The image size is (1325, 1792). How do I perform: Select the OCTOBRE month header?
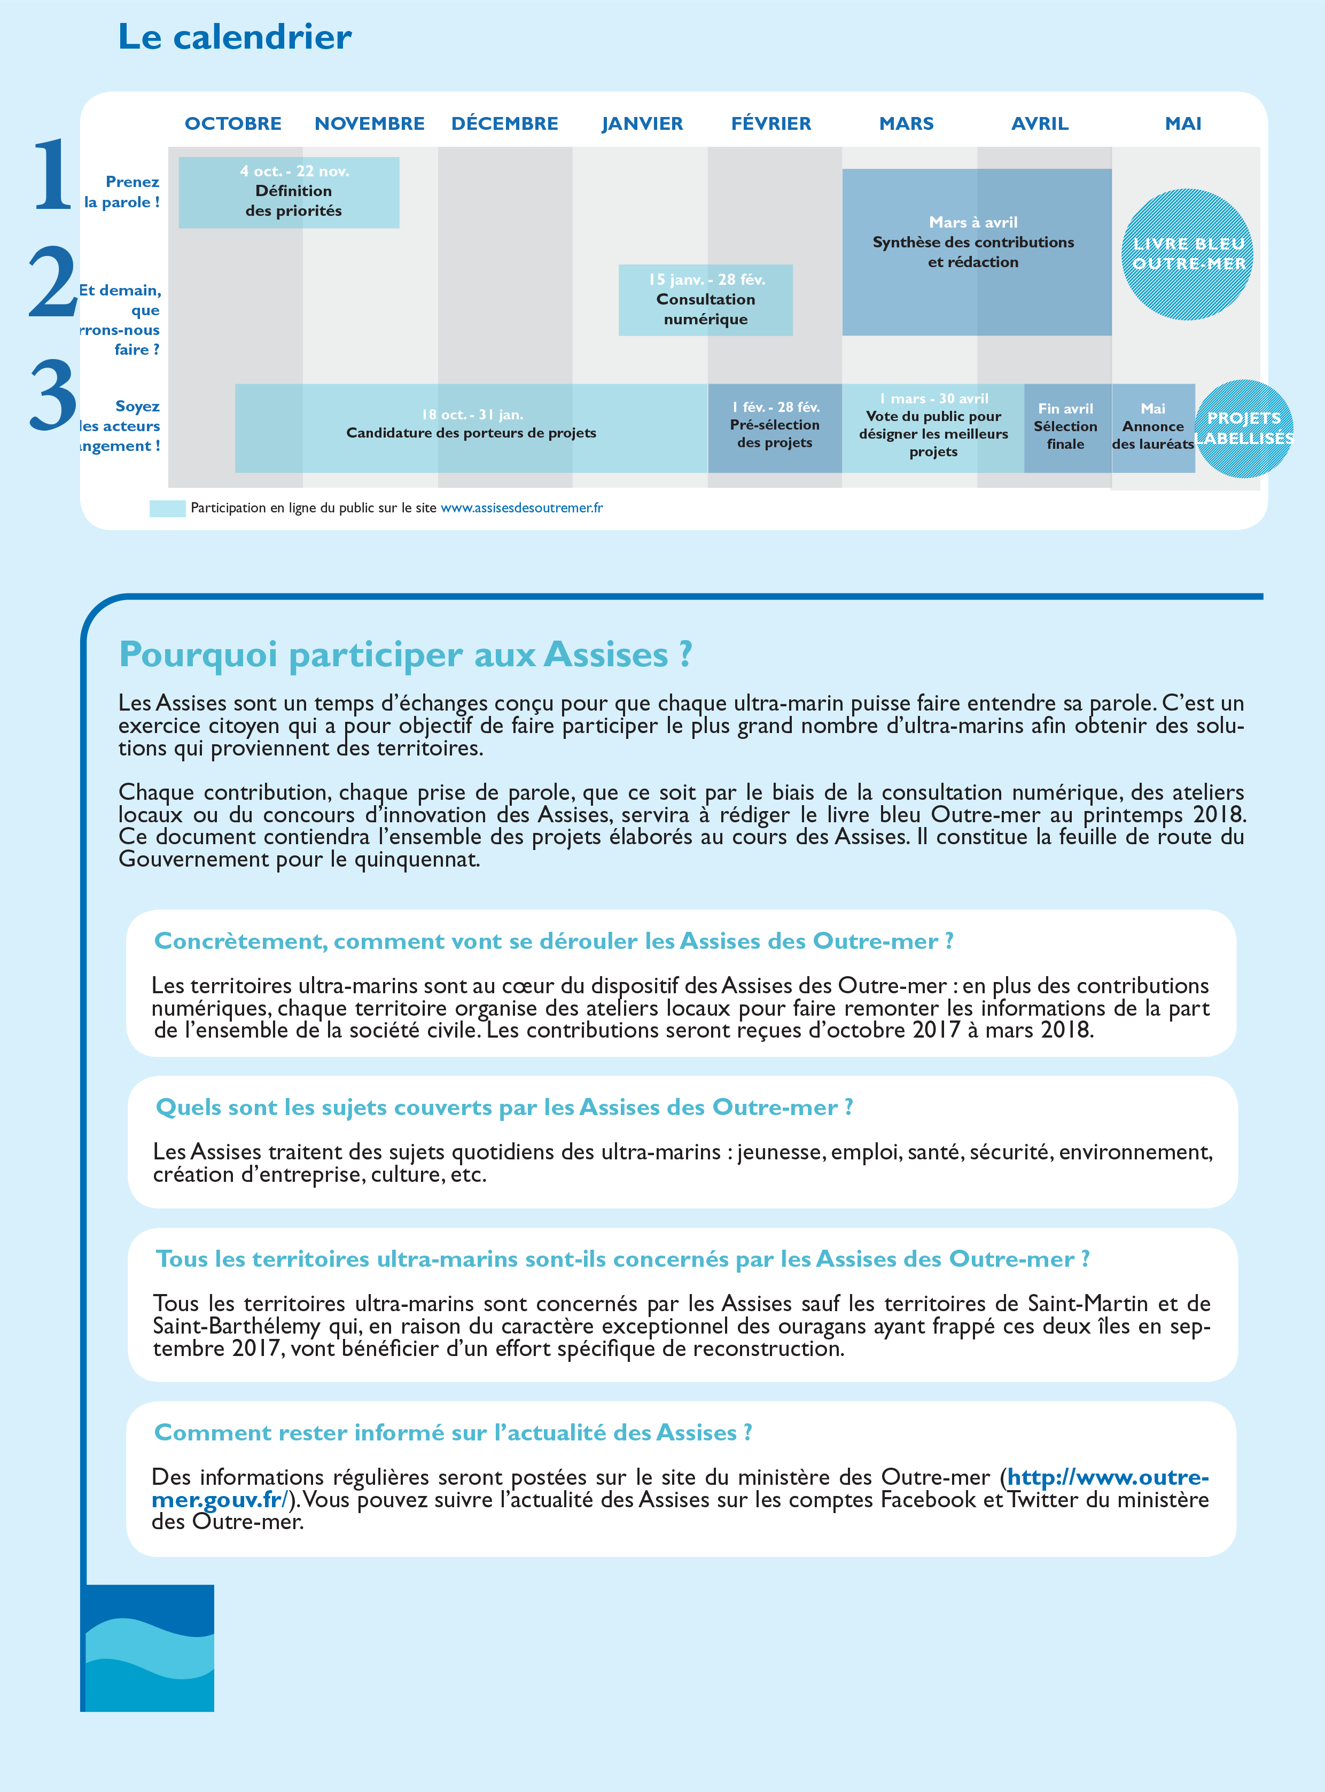pyautogui.click(x=232, y=123)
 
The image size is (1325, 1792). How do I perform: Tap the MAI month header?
pyautogui.click(x=1182, y=123)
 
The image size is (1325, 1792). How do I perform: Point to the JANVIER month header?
pyautogui.click(x=642, y=123)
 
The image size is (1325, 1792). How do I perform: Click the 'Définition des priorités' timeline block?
pyautogui.click(x=289, y=192)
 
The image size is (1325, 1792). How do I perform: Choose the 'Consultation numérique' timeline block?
pyautogui.click(x=705, y=300)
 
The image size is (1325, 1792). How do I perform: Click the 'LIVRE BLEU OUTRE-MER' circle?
pyautogui.click(x=1187, y=254)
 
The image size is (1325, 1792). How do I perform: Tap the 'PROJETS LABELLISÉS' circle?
pyautogui.click(x=1244, y=429)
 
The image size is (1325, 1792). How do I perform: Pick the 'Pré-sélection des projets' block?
pyautogui.click(x=774, y=427)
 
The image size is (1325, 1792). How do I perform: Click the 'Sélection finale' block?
pyautogui.click(x=1066, y=427)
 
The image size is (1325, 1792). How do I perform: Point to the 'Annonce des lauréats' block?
pyautogui.click(x=1152, y=427)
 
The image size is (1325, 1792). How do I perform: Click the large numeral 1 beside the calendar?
pyautogui.click(x=53, y=174)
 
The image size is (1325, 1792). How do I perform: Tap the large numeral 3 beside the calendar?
pyautogui.click(x=53, y=395)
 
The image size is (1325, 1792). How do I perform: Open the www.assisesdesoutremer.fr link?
pyautogui.click(x=521, y=508)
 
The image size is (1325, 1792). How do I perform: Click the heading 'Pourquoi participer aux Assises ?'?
pyautogui.click(x=405, y=655)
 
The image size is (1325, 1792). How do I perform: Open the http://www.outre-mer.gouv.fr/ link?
pyautogui.click(x=1107, y=1477)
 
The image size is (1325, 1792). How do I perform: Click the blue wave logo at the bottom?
pyautogui.click(x=149, y=1648)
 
